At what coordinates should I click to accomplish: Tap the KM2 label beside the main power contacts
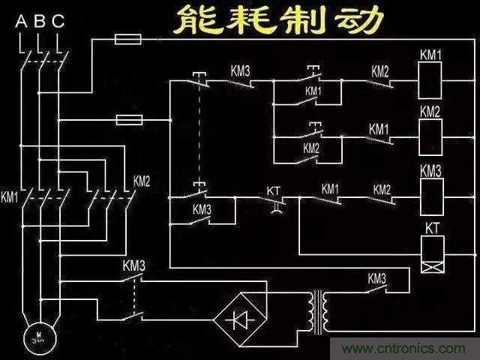[x=142, y=181]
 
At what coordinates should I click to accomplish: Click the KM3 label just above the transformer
[x=376, y=278]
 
